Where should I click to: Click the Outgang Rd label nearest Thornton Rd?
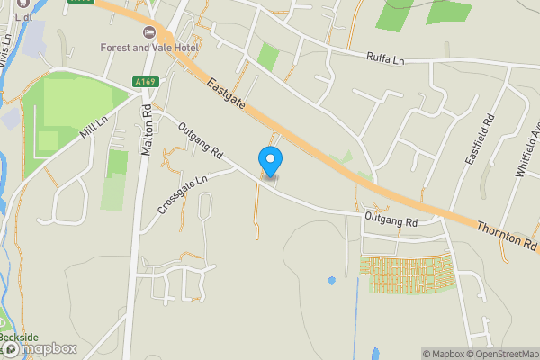tap(391, 220)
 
